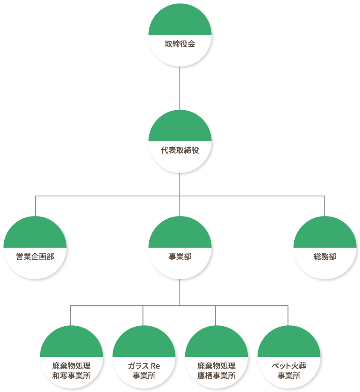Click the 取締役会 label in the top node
180,44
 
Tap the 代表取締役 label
180,151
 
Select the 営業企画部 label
35,257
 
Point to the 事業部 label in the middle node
180,257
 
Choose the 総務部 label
325,257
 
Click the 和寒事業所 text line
71,376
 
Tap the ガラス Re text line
144,366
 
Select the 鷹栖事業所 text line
216,376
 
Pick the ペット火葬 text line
289,366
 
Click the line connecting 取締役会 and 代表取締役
180,88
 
